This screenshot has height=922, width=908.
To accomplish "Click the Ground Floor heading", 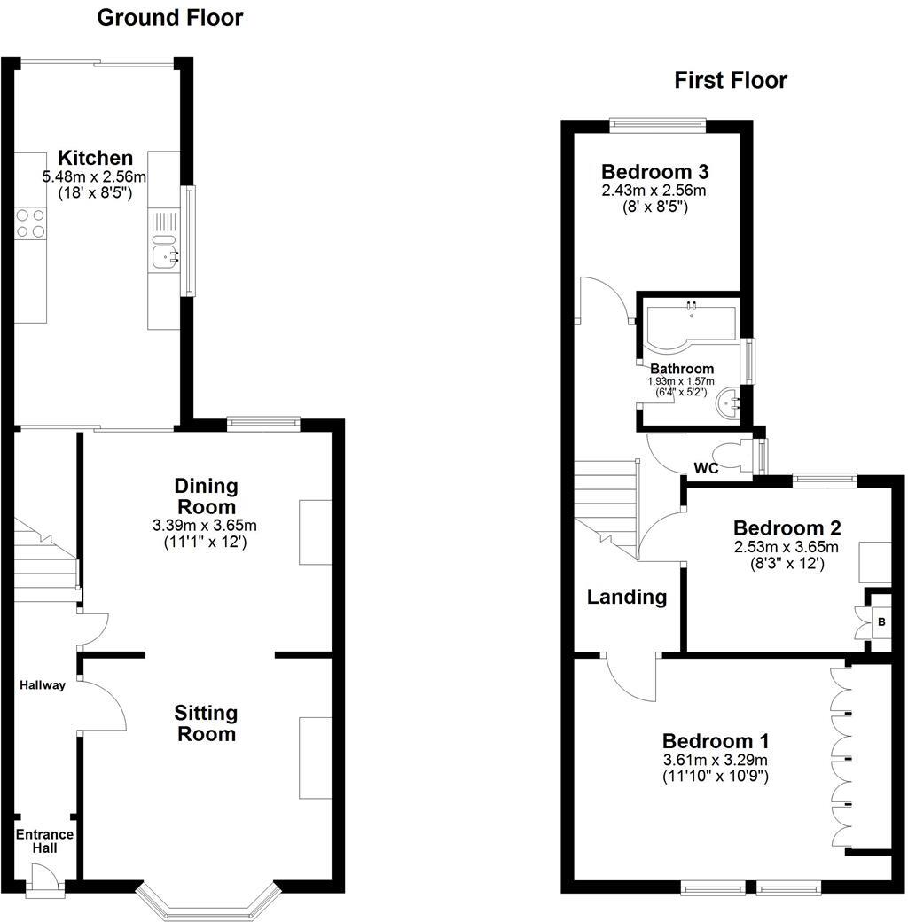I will click(x=169, y=17).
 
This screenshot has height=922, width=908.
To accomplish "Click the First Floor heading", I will click(x=731, y=81).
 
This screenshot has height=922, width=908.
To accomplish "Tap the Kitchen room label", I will click(x=96, y=159).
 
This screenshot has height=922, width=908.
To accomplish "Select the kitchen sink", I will click(x=164, y=252).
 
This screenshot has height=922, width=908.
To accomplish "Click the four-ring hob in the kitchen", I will click(x=31, y=223).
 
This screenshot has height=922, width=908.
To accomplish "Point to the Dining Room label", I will click(x=206, y=496).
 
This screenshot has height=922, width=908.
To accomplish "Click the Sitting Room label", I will click(x=206, y=723).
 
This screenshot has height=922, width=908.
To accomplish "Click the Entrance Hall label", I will click(x=44, y=841).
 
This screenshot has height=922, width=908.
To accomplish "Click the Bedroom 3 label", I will click(x=655, y=172).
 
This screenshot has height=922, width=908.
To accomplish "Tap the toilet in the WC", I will click(x=734, y=457).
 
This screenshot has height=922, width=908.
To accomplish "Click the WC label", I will click(x=706, y=468).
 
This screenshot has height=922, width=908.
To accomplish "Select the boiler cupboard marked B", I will click(x=881, y=622).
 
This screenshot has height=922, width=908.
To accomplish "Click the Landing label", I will click(x=627, y=597).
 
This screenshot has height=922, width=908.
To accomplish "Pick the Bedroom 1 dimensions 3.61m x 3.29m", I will click(x=716, y=760).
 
